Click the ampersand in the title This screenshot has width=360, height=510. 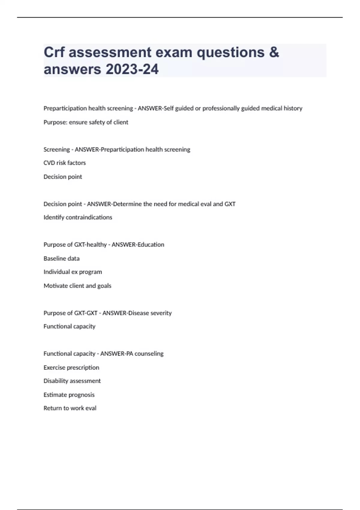coord(274,52)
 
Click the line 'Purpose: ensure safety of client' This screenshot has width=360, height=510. coord(86,122)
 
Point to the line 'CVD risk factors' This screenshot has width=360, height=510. coord(64,163)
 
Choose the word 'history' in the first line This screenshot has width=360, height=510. coord(293,108)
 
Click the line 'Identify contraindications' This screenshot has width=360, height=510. coord(78,217)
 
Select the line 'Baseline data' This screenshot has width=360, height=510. coord(61,258)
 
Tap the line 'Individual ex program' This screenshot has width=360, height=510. coord(73,272)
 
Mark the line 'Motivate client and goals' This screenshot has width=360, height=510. coord(77,286)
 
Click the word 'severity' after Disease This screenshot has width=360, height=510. coord(161,313)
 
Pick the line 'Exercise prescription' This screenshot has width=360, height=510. coord(71,367)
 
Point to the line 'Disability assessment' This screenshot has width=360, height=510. coord(72,381)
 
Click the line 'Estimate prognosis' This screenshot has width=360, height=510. coord(69,395)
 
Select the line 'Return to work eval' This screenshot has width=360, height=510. coord(70,408)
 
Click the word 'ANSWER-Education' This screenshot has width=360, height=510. coord(138,244)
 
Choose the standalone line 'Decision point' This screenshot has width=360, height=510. coord(63,177)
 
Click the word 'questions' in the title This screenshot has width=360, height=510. coord(230,52)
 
